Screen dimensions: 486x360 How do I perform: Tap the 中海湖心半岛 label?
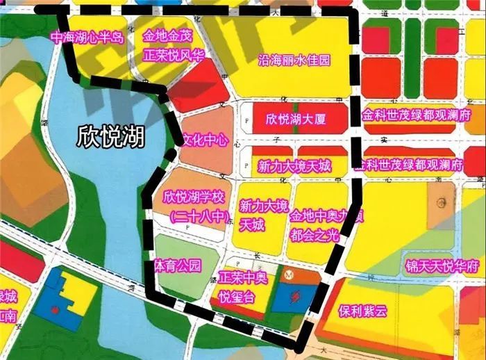coord(86,38)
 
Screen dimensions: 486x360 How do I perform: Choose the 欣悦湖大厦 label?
coord(296,119)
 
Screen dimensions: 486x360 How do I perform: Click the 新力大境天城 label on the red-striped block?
coord(294,166)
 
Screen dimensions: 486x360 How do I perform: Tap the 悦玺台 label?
coord(237,297)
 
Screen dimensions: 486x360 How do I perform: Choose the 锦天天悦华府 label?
coord(443,266)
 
